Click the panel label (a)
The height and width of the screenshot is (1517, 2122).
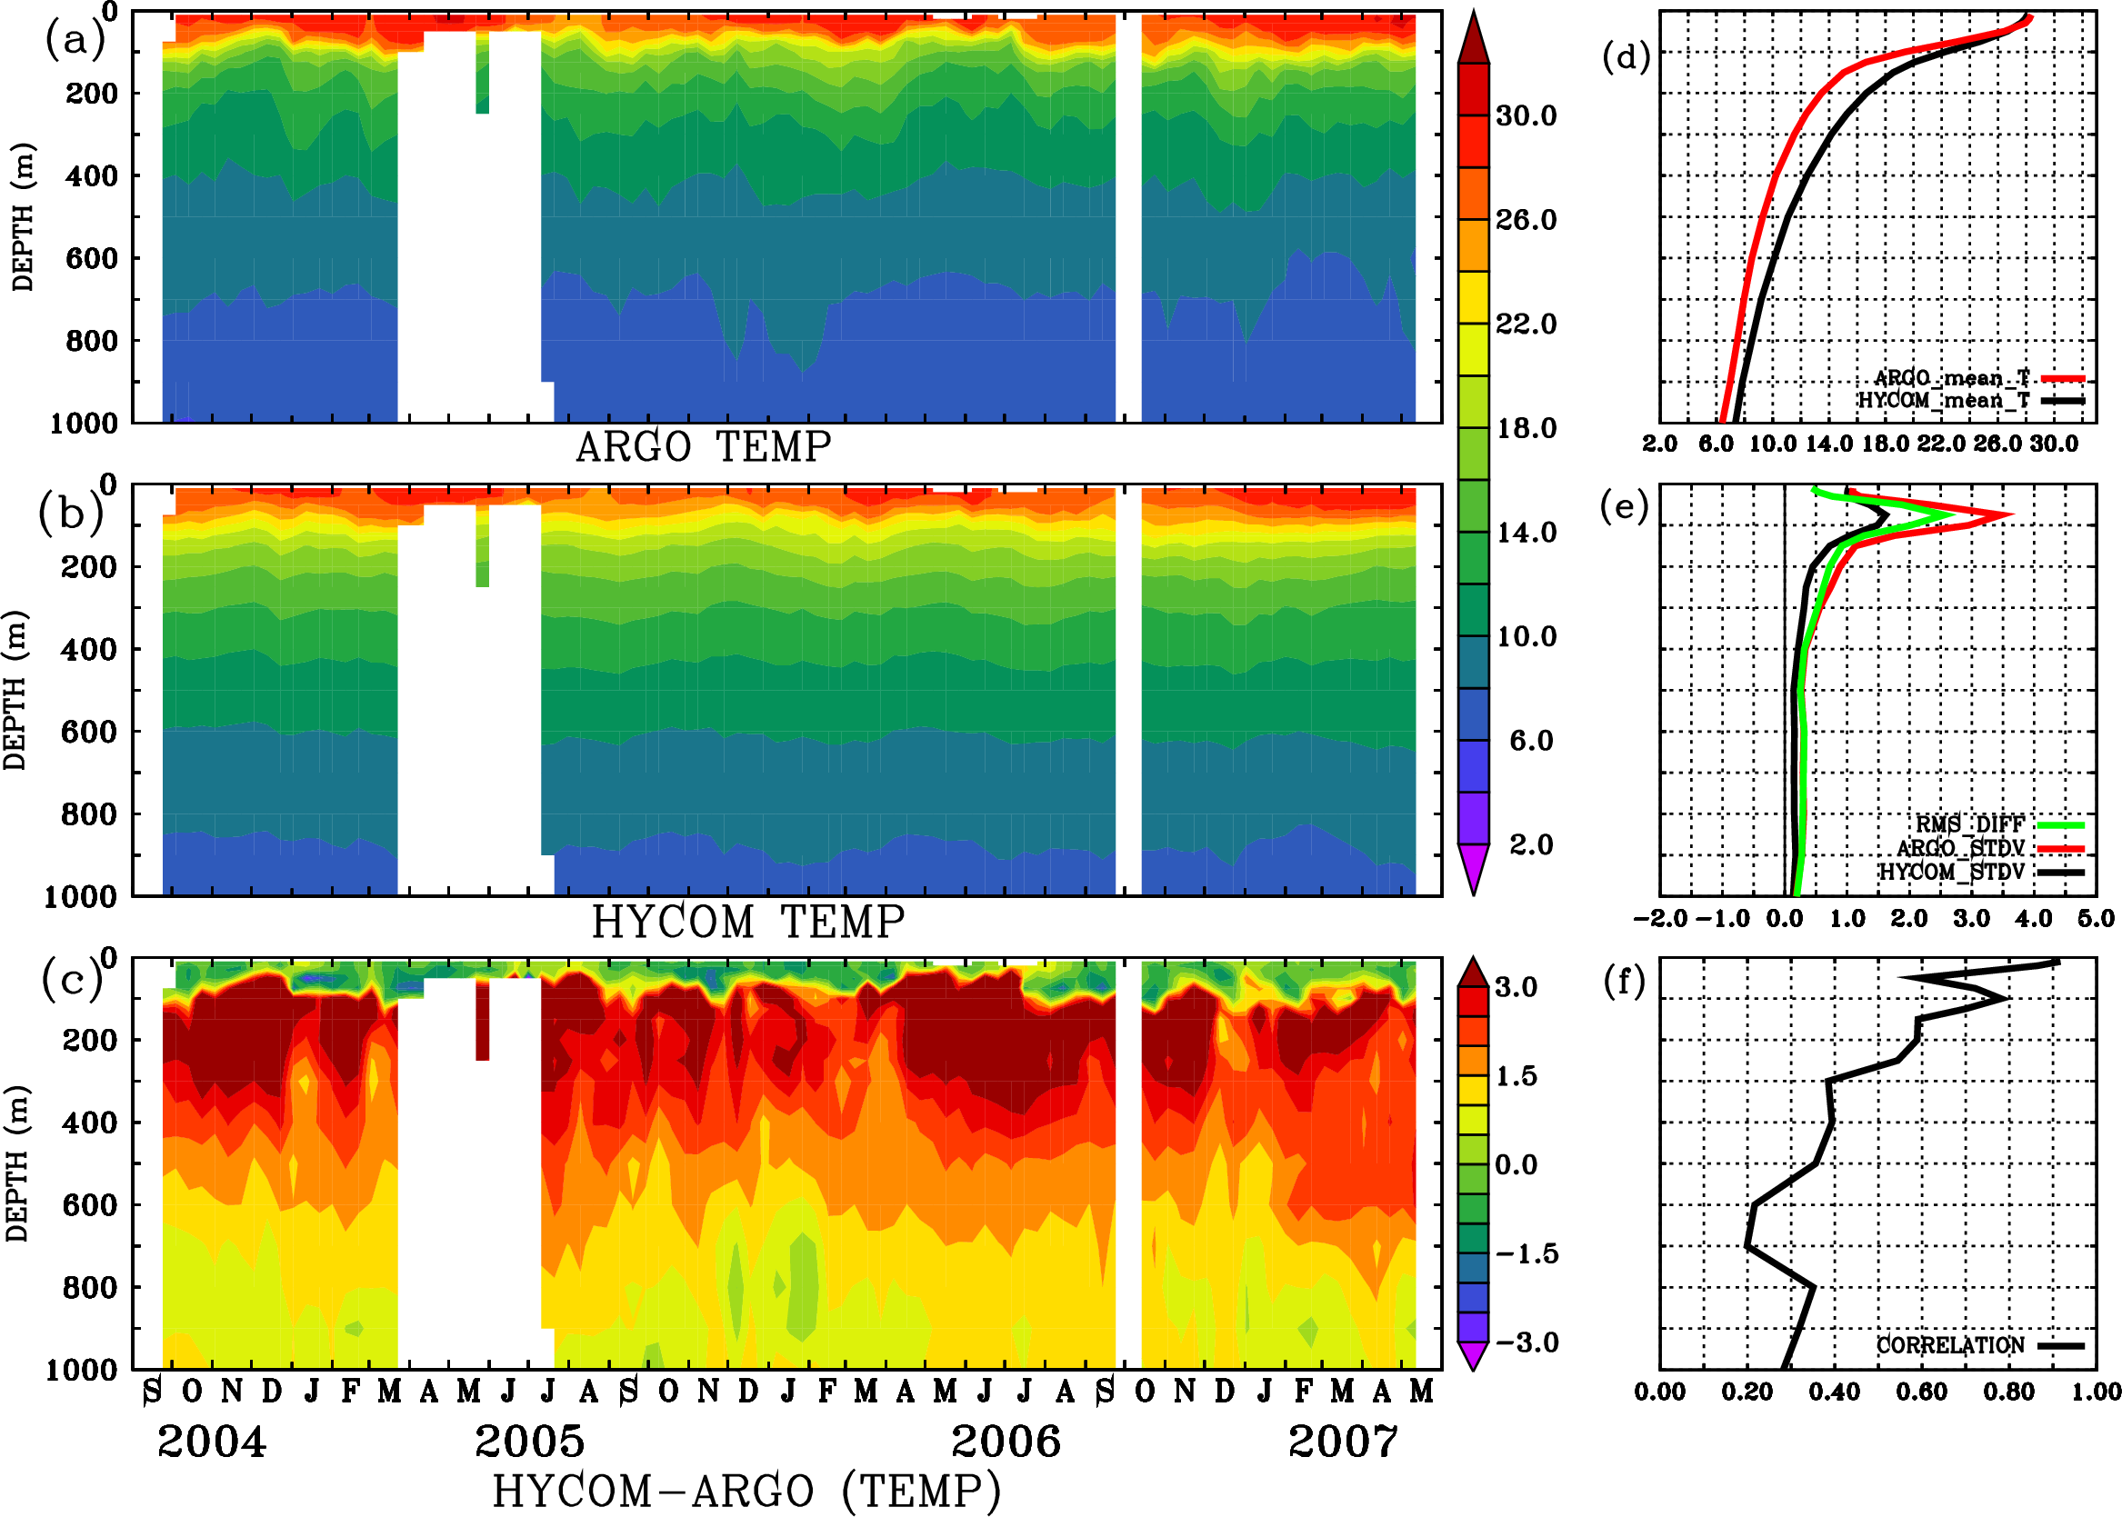point(75,40)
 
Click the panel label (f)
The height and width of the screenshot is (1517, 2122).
point(1624,982)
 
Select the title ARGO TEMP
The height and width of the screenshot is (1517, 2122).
point(703,447)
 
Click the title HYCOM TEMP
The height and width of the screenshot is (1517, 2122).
point(747,922)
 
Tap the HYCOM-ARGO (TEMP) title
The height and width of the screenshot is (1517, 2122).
point(746,1490)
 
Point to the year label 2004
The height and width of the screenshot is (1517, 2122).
point(211,1442)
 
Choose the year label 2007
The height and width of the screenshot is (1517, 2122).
point(1343,1442)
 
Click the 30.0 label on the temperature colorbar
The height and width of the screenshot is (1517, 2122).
point(1526,115)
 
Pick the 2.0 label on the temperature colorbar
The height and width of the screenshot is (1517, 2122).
point(1530,844)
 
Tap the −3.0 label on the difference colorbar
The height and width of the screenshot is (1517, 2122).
point(1526,1342)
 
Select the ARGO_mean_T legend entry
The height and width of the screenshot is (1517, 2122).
point(1952,378)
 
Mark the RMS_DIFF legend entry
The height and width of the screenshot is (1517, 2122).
point(1969,824)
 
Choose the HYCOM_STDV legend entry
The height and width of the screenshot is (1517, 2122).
point(1952,872)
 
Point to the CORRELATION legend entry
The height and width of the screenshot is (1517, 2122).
point(1951,1345)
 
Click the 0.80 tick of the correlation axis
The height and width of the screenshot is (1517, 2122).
point(2009,1392)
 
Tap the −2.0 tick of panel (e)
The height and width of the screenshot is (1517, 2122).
point(1659,919)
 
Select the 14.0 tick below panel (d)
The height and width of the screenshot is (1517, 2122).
point(1828,444)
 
